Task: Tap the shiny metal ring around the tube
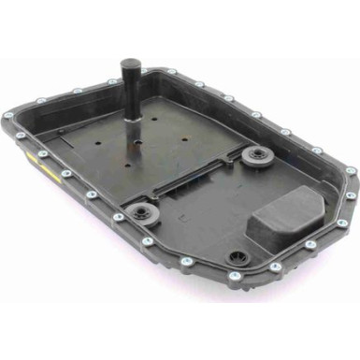131,117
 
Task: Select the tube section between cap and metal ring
130,94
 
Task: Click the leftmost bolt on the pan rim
9,115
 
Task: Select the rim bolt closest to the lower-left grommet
119,218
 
